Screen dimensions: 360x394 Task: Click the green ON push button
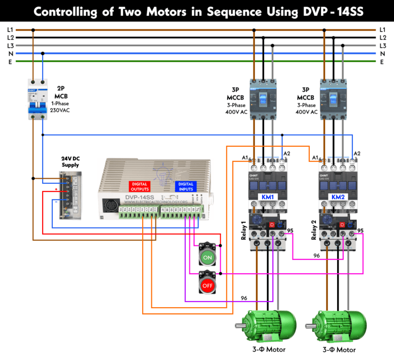(208, 256)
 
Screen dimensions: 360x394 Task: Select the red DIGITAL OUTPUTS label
(140, 186)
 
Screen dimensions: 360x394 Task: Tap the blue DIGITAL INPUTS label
(187, 186)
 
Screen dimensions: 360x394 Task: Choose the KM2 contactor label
(338, 197)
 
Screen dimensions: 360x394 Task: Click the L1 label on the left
(10, 30)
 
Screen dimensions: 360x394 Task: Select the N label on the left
(10, 53)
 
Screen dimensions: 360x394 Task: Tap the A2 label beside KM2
(357, 154)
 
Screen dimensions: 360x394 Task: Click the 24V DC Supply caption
(70, 162)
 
